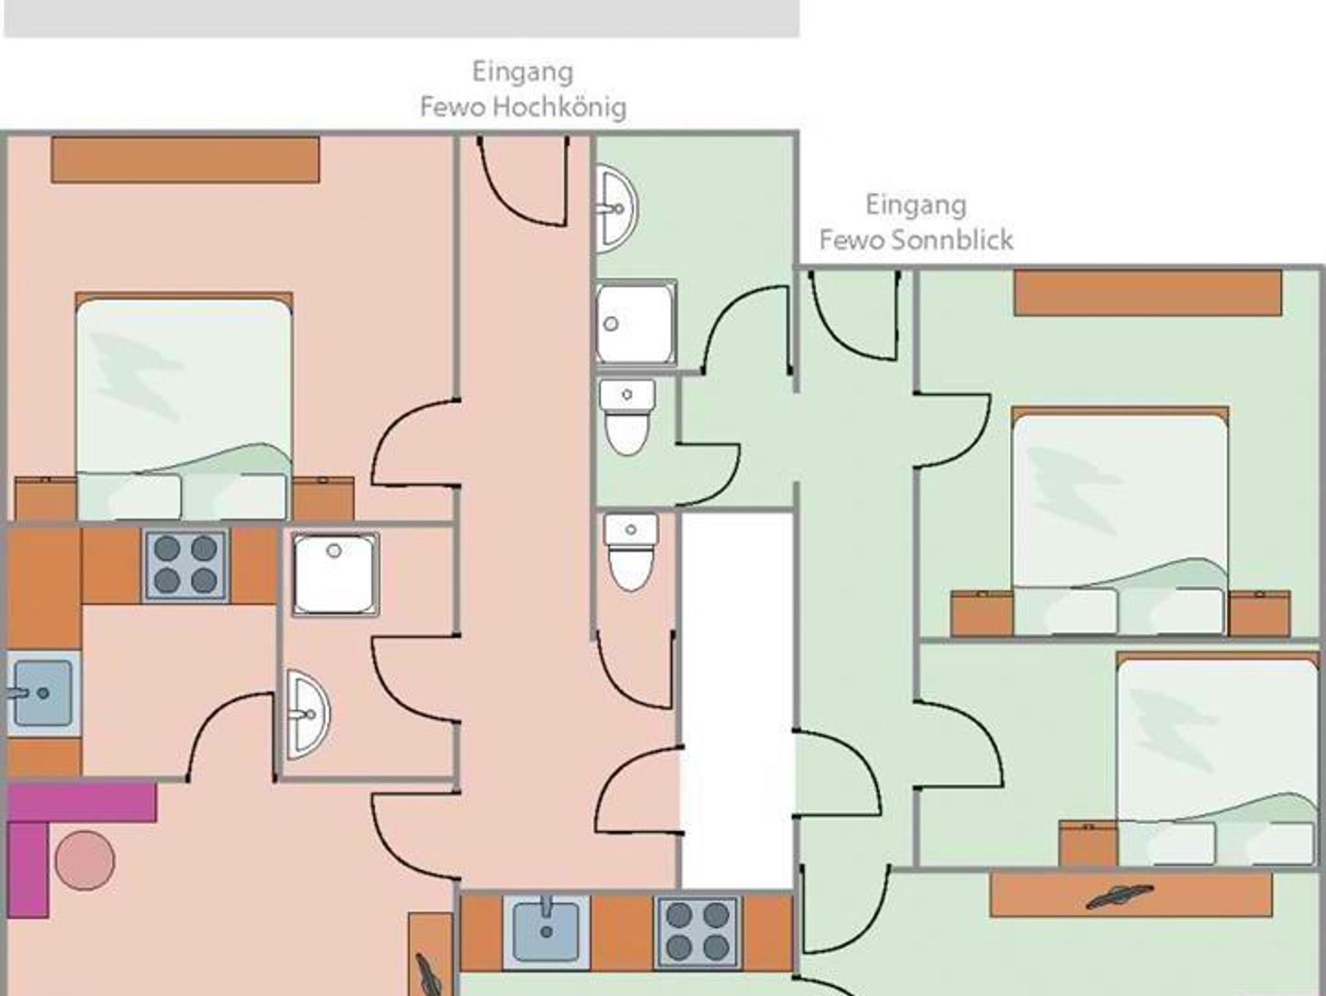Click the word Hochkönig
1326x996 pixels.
559,108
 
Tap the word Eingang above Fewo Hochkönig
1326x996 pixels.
523,72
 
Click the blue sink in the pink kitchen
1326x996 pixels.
42,693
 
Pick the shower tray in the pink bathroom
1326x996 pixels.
335,574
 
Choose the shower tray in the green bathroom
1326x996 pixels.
635,323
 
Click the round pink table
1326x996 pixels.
85,861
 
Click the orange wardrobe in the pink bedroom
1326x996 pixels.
185,159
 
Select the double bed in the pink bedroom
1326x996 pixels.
184,408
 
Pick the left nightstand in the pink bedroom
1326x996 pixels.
45,499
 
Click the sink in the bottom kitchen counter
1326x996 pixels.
546,931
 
